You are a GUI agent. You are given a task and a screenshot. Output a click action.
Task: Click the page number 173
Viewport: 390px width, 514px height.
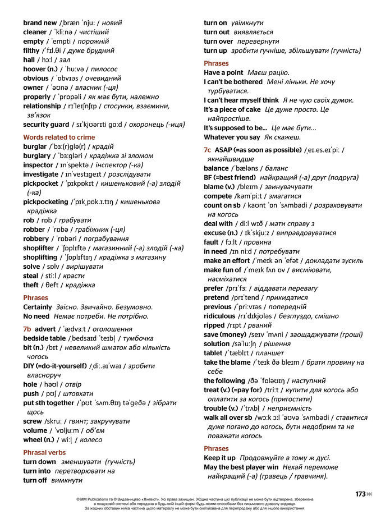click(360, 494)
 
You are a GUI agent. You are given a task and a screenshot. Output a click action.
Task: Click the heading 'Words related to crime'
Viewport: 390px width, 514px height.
click(59, 137)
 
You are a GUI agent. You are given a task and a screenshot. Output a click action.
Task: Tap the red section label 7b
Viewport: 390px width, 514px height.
click(27, 329)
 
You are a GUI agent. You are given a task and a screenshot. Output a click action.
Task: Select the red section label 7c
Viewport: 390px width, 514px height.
click(208, 150)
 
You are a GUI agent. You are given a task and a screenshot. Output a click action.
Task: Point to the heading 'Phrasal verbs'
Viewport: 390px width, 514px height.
click(44, 452)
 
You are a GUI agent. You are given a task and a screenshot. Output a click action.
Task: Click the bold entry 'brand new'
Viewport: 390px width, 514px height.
click(40, 23)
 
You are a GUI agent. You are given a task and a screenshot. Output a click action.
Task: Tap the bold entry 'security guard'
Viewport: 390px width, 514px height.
click(46, 125)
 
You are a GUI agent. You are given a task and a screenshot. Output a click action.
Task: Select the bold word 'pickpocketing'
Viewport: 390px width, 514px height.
click(45, 201)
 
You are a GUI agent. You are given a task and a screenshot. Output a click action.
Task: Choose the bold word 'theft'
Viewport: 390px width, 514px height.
click(31, 285)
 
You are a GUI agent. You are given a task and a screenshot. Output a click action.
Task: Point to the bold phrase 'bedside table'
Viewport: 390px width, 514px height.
click(44, 338)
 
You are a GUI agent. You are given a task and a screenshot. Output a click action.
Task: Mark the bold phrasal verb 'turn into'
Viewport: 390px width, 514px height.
click(36, 471)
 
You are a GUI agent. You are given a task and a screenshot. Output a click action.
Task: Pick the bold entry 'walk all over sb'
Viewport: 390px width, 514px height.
click(228, 417)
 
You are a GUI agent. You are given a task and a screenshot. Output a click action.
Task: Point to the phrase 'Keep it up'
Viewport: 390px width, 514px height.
click(219, 458)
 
